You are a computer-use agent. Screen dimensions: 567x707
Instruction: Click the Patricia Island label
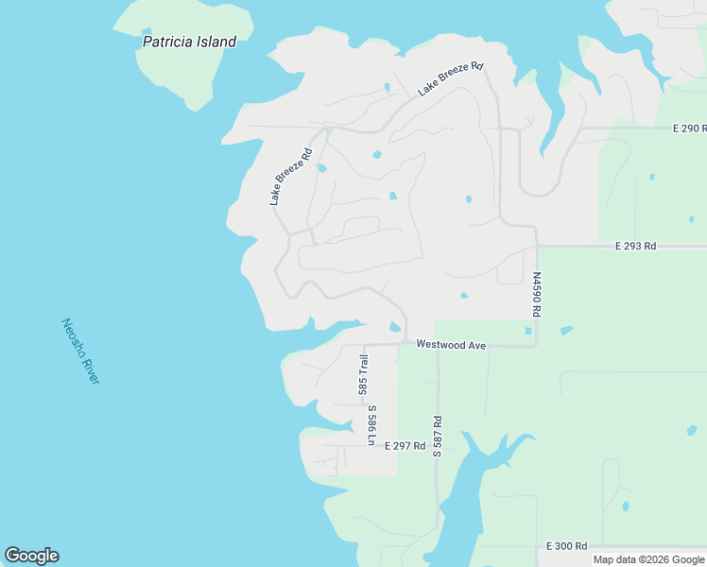click(189, 42)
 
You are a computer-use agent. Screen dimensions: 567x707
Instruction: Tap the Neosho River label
click(80, 352)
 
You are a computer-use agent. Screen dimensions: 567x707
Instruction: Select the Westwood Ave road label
click(451, 346)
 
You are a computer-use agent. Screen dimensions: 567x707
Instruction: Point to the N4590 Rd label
click(536, 296)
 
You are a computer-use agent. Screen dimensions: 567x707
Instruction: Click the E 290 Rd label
click(690, 128)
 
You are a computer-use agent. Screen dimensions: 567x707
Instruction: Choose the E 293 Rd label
click(635, 246)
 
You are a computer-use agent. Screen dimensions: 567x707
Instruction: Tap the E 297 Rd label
click(405, 445)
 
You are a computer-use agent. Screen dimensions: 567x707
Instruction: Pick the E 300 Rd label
click(567, 546)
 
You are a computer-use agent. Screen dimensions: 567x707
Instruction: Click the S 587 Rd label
click(438, 436)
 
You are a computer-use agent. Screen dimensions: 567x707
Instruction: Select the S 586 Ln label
click(372, 425)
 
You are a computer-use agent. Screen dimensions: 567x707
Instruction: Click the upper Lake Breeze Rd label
click(451, 78)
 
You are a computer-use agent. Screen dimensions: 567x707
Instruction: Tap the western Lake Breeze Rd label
click(290, 177)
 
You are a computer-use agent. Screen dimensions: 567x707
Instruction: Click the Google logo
click(31, 556)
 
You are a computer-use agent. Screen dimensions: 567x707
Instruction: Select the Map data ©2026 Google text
click(648, 559)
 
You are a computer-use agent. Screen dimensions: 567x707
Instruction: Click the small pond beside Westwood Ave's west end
click(395, 327)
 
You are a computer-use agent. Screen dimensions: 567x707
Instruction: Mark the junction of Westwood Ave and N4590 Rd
click(536, 345)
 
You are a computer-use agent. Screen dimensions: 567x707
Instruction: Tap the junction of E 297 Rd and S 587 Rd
click(437, 446)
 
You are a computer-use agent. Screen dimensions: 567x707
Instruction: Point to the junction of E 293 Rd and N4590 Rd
click(537, 246)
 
